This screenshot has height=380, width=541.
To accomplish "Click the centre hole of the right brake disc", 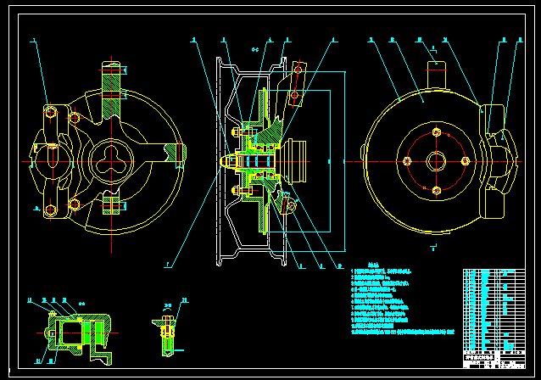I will [436, 161].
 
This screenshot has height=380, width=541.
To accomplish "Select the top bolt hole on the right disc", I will [436, 132].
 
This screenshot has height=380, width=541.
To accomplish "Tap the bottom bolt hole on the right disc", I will [436, 190].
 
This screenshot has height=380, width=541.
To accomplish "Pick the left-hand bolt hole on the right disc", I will [407, 161].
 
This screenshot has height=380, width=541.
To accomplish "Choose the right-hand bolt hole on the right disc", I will [465, 161].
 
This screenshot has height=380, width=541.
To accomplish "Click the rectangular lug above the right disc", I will [435, 70].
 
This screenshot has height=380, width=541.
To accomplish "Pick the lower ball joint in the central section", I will [289, 204].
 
